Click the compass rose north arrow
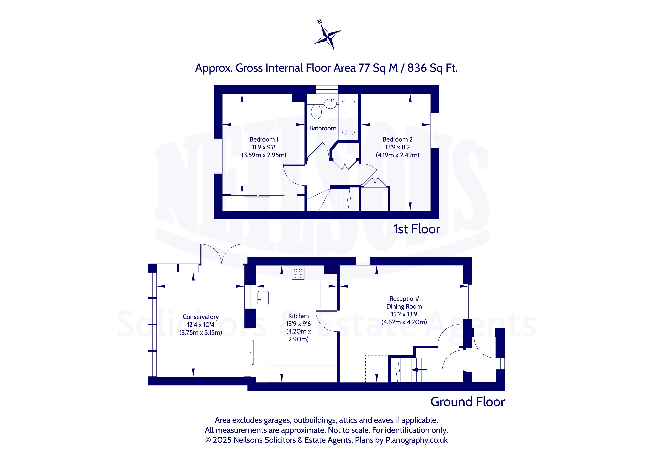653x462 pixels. click(327, 35)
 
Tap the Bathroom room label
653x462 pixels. click(323, 128)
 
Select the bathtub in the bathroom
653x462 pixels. click(348, 117)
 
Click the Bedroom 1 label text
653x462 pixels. click(264, 139)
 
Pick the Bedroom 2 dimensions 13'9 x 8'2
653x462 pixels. click(397, 147)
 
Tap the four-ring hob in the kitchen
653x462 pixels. click(298, 273)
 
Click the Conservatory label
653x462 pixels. click(201, 317)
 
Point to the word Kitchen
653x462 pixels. click(298, 316)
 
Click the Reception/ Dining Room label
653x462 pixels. click(404, 302)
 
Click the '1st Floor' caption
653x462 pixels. click(417, 229)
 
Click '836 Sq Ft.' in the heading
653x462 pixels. click(432, 68)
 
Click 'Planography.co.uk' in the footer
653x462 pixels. click(416, 440)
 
